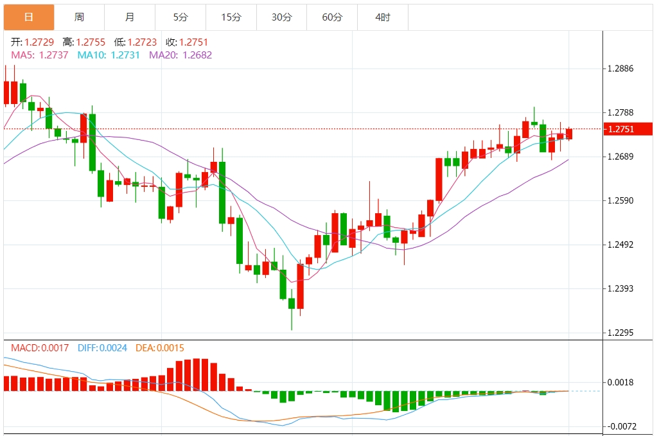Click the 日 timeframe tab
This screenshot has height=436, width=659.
29,17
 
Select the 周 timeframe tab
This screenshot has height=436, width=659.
79,17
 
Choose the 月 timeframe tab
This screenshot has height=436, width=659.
130,17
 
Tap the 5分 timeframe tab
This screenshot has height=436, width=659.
180,17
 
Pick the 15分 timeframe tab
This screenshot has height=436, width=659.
231,17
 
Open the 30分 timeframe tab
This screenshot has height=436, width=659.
281,17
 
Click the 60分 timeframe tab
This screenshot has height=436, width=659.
332,17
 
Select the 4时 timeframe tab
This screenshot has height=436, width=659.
382,17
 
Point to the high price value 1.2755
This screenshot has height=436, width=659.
91,42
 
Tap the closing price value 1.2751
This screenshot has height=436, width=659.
194,42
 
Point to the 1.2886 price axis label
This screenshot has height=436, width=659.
620,69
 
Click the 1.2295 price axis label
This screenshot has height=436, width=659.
620,333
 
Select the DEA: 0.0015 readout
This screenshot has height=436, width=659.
160,348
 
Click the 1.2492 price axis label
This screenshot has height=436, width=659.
620,245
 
